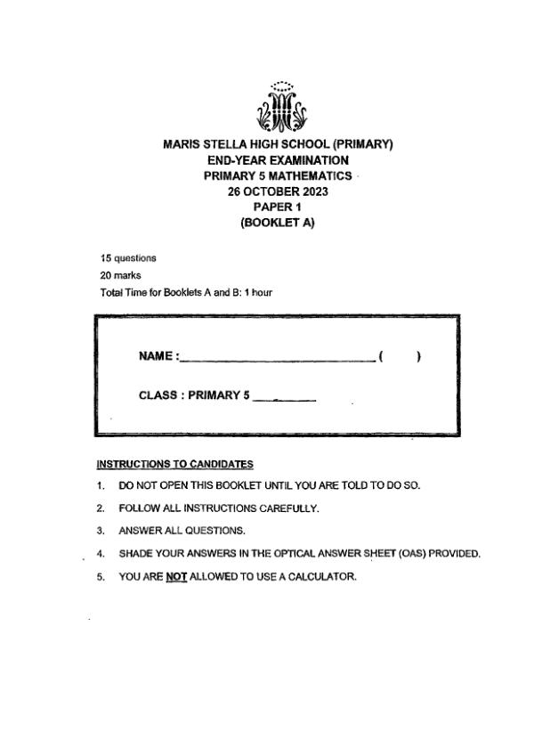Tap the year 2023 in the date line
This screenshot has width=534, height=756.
tap(311, 191)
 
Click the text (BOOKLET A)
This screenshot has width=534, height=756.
tap(278, 224)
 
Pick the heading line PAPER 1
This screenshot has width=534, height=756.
tap(278, 207)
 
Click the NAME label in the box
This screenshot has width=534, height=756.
tap(158, 356)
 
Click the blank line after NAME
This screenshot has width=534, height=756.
tap(276, 360)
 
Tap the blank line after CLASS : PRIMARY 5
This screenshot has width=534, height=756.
tap(285, 399)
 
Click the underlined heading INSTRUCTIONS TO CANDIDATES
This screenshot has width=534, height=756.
tap(174, 464)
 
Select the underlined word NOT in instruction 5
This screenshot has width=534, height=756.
tap(176, 576)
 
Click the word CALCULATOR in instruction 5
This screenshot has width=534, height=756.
tap(319, 576)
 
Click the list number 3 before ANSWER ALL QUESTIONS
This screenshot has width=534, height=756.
tap(101, 531)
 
